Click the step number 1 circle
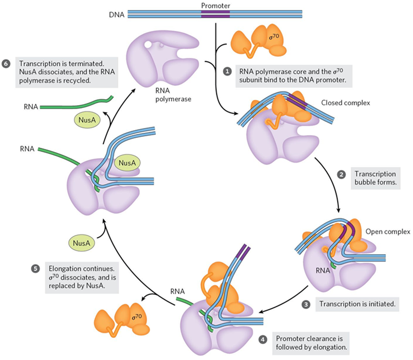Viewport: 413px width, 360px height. (226, 71)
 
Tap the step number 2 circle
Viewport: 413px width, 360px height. (341, 175)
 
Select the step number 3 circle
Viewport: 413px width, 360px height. (307, 303)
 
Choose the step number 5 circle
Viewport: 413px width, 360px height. (35, 268)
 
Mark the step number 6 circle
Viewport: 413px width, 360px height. (6, 64)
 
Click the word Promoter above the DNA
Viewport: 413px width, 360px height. (216, 6)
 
